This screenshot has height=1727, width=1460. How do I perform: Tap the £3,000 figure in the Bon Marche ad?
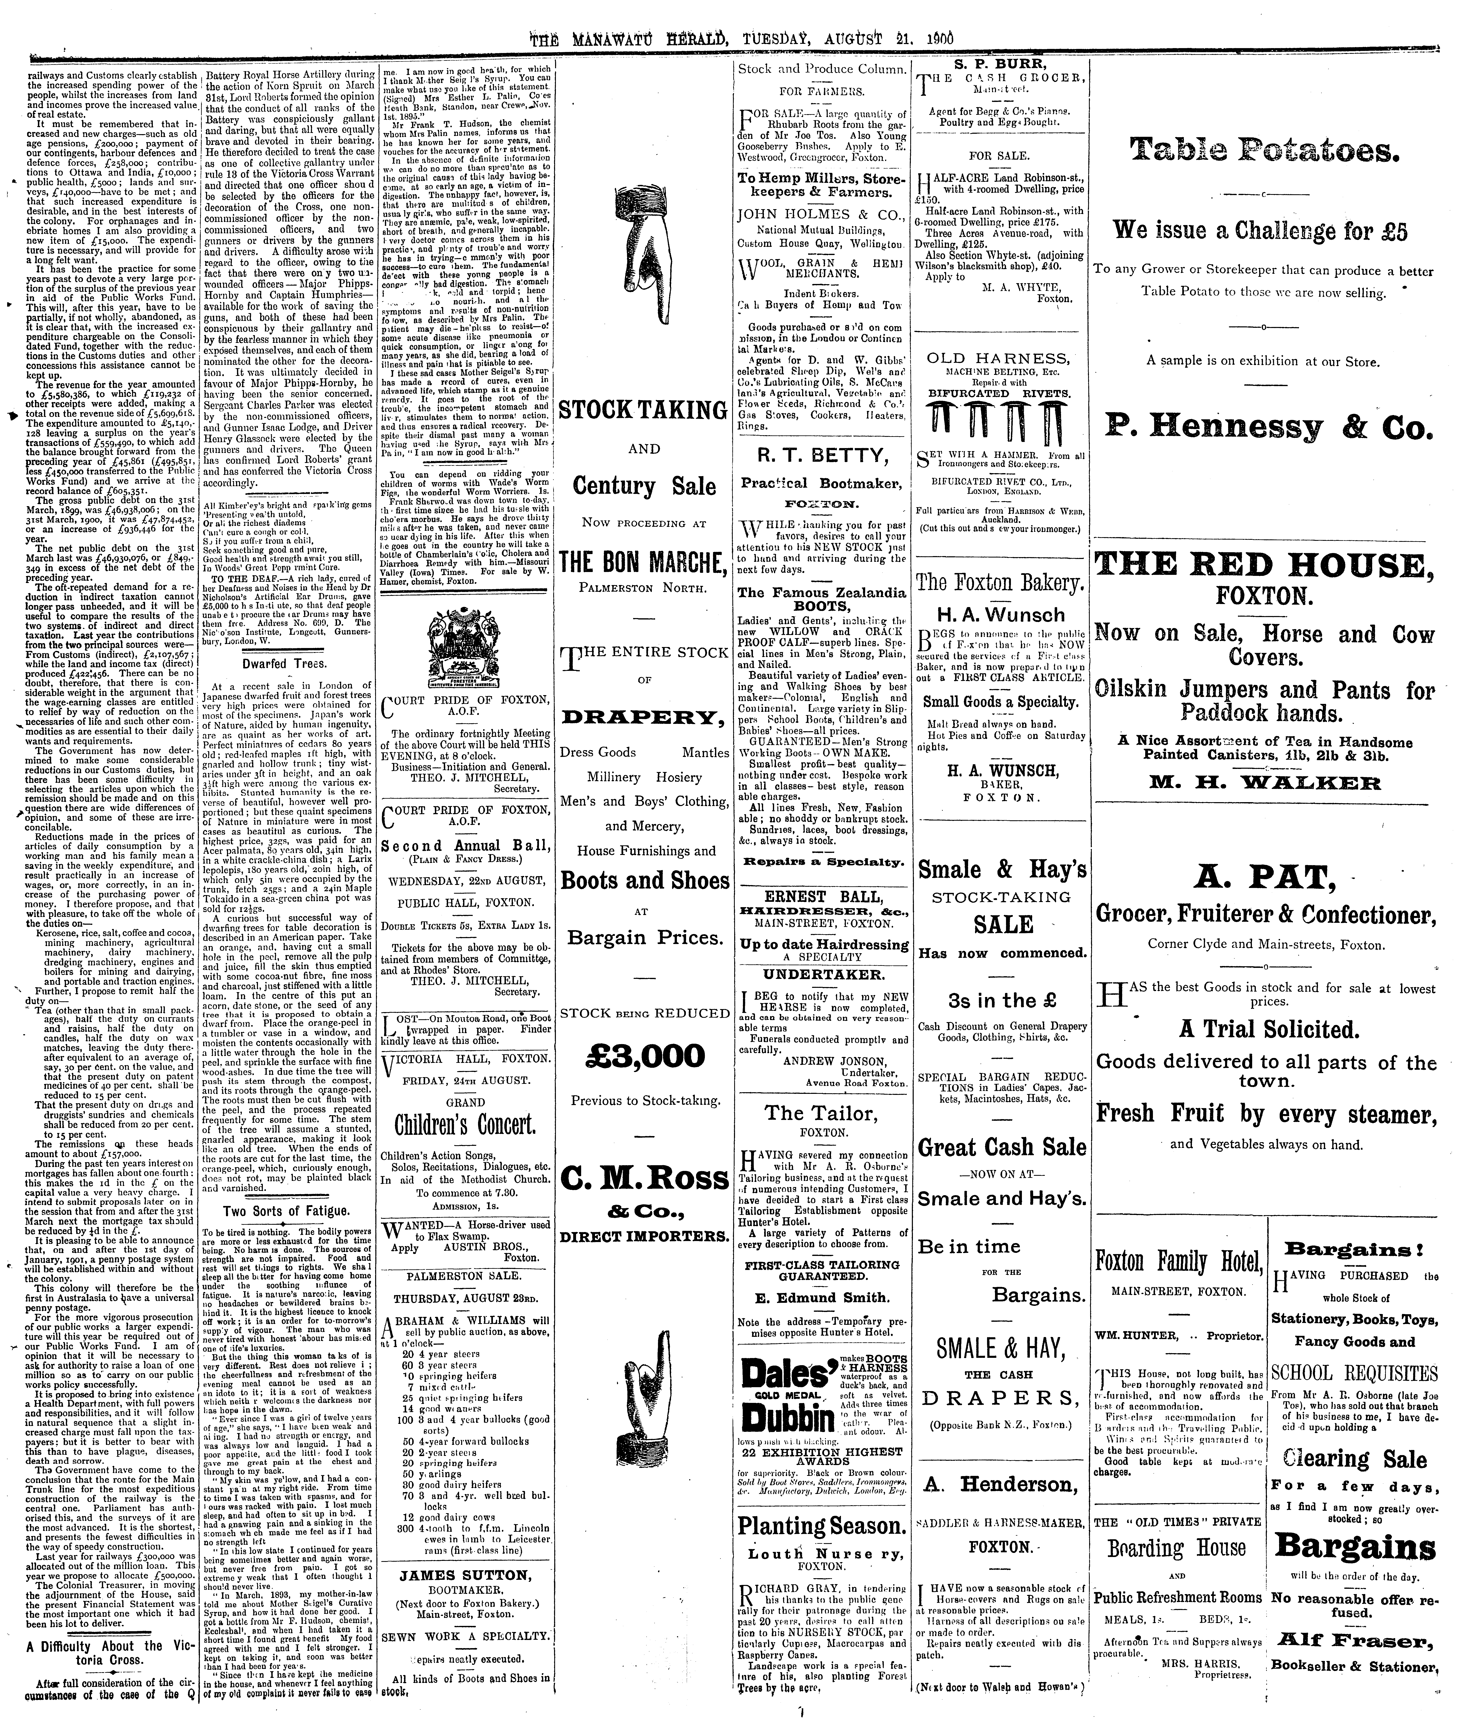point(644,1056)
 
